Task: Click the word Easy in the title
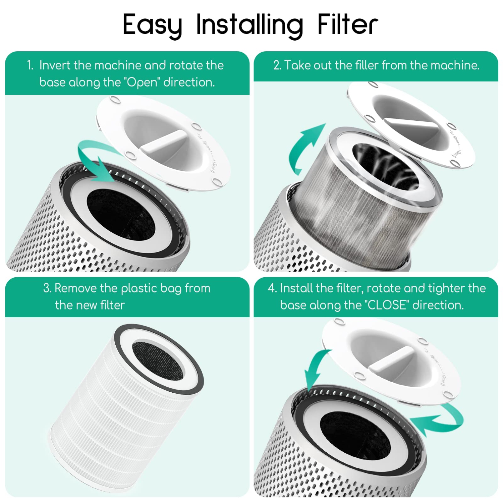click(152, 25)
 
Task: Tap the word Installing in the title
click(249, 25)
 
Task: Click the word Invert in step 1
click(55, 65)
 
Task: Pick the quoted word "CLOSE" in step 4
click(387, 305)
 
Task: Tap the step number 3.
click(47, 288)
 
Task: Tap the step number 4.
click(271, 288)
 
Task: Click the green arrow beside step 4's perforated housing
click(439, 419)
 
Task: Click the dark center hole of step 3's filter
click(158, 360)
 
